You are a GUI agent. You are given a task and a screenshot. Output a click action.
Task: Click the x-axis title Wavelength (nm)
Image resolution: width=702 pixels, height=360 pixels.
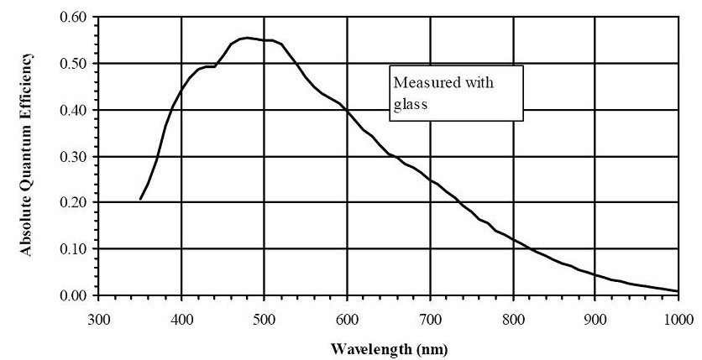click(388, 347)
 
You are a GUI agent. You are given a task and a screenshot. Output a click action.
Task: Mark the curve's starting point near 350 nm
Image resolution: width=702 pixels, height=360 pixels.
click(140, 199)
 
